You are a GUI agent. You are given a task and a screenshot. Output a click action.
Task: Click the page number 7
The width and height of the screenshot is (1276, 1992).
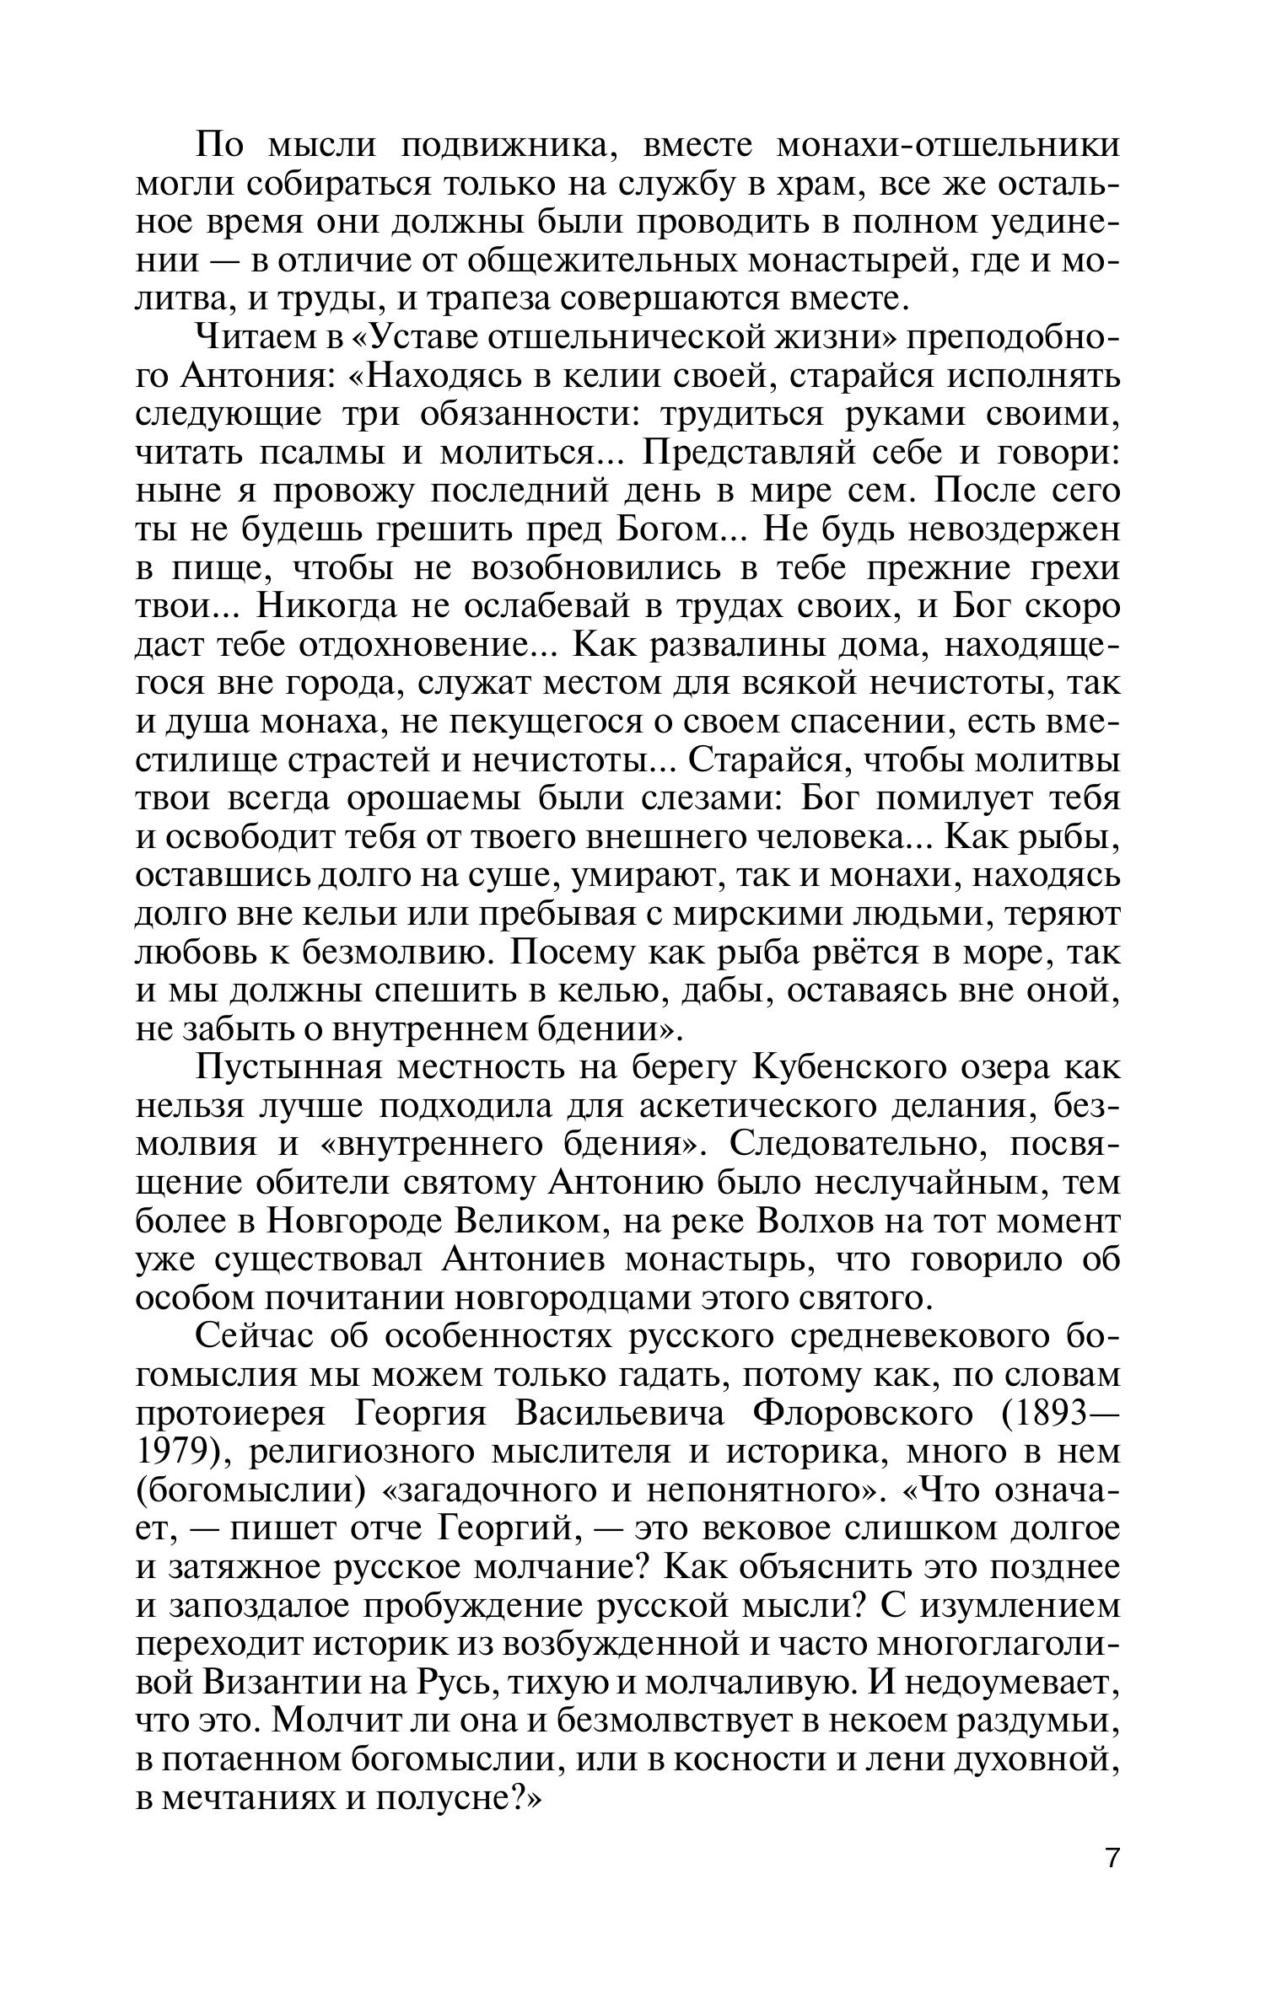(1112, 1857)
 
